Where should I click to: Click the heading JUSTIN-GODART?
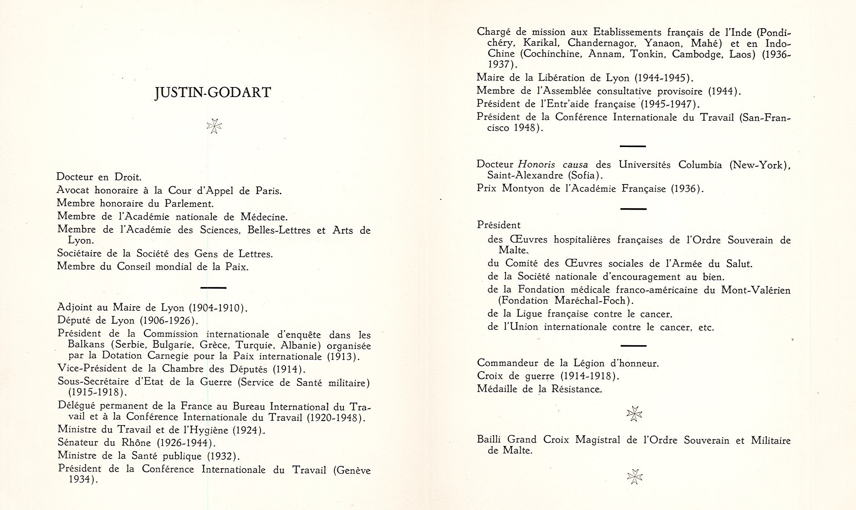pos(213,93)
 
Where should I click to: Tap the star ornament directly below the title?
pos(214,126)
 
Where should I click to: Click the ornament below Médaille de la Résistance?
pos(634,413)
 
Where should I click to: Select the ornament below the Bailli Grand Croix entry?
pos(634,477)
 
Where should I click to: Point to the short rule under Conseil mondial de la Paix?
pos(213,287)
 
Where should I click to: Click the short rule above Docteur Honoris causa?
pos(632,146)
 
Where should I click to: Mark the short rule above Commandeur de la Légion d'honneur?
pos(633,346)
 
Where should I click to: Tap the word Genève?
pos(353,470)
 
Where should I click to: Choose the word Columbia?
pos(700,165)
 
